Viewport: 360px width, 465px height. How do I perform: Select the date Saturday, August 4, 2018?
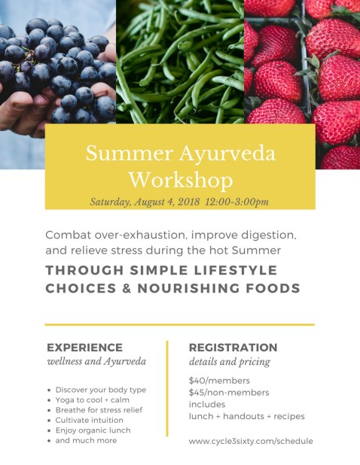click(142, 202)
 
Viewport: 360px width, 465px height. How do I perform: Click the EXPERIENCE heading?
click(84, 348)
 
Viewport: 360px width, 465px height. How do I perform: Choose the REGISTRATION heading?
click(233, 348)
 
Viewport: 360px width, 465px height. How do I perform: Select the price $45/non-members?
click(229, 392)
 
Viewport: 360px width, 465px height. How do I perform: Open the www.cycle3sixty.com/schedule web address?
click(250, 441)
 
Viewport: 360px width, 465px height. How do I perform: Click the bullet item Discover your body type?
click(100, 390)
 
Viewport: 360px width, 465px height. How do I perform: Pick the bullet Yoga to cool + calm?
click(92, 400)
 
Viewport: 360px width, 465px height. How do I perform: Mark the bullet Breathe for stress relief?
click(99, 410)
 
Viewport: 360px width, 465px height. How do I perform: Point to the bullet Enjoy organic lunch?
click(93, 430)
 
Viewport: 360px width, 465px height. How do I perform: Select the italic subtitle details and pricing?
click(229, 362)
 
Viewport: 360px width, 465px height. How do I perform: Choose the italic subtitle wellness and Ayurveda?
click(96, 362)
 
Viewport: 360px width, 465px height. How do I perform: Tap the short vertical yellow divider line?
click(167, 387)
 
